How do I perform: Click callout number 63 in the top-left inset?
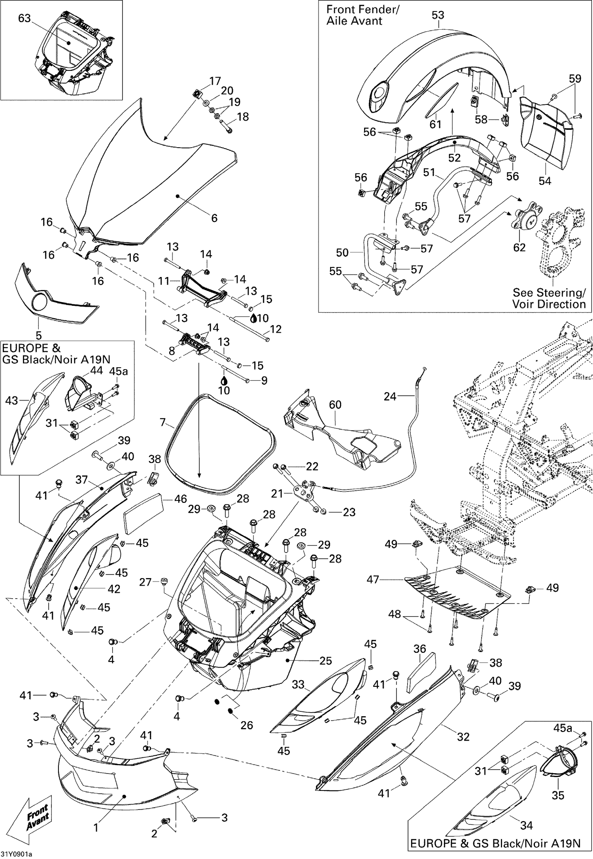(25, 18)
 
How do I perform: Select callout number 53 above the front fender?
(438, 15)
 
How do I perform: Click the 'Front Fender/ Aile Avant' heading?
(362, 15)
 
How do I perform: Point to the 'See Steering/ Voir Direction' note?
(549, 298)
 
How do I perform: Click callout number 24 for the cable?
(390, 396)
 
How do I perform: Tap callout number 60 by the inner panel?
(335, 404)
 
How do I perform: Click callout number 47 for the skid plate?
(373, 580)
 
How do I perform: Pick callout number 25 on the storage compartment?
(326, 660)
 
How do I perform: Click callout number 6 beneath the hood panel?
(214, 218)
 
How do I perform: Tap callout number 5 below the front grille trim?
(38, 335)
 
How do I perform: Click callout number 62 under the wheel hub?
(519, 247)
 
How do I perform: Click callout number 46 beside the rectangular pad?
(181, 499)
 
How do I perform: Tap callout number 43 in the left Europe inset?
(11, 400)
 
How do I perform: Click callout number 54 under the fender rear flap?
(545, 181)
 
